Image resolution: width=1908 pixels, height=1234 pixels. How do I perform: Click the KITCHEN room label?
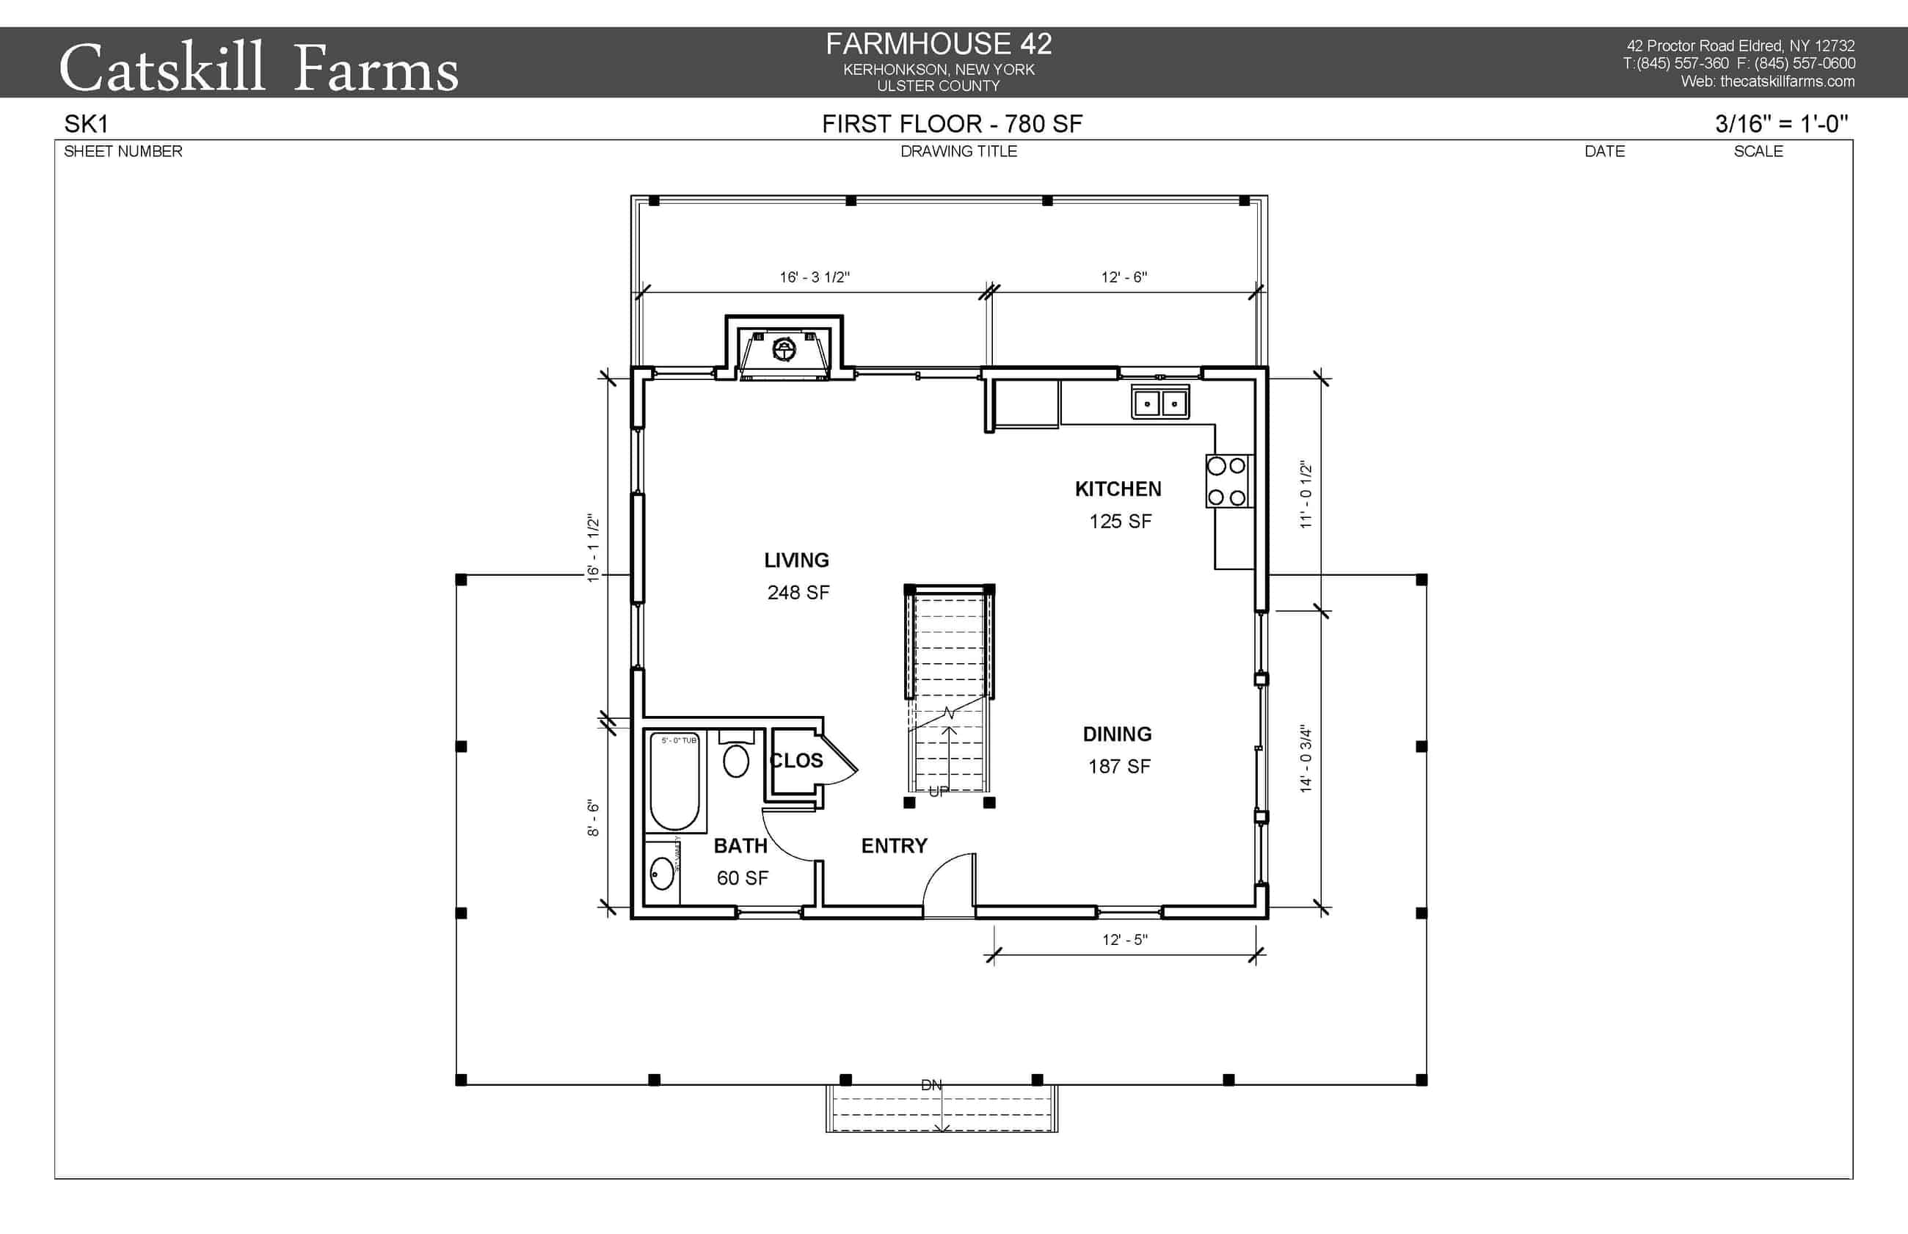click(x=1117, y=489)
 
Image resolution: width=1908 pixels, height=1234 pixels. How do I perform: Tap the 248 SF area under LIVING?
click(x=798, y=592)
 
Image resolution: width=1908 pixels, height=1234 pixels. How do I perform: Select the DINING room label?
click(x=1116, y=734)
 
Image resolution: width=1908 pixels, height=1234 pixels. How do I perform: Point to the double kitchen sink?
click(x=1159, y=402)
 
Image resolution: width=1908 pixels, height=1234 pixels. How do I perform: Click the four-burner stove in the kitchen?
click(x=1226, y=481)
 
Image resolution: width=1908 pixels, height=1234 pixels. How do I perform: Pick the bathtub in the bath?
click(x=674, y=781)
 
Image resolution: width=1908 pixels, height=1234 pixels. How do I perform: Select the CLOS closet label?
click(x=795, y=761)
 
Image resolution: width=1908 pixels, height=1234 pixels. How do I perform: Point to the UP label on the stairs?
click(x=939, y=792)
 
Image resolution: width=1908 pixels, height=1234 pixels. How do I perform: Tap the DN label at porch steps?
click(x=931, y=1085)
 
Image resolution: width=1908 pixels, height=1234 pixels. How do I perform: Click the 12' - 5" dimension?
click(x=1124, y=940)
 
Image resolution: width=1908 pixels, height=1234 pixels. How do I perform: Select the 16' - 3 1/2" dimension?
click(x=814, y=277)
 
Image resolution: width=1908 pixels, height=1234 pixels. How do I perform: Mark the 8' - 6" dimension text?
click(x=593, y=817)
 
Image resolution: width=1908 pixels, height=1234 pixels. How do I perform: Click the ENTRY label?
click(x=894, y=845)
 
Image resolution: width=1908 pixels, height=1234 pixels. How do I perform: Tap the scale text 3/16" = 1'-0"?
click(x=1780, y=123)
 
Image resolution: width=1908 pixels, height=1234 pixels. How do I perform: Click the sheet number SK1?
click(x=86, y=124)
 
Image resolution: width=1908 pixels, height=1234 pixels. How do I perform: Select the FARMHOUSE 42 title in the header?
click(x=939, y=44)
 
